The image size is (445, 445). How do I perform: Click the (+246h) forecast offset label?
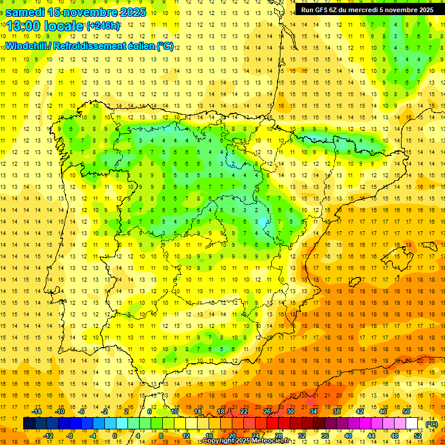(103, 27)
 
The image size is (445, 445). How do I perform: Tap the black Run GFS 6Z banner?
(367, 10)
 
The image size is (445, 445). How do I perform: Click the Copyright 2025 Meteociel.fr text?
(247, 441)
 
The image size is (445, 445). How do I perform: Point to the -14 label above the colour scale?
(37, 411)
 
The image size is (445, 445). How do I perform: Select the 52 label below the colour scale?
(418, 436)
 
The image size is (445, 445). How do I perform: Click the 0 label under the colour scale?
(115, 436)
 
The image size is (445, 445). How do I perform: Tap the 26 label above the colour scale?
(267, 411)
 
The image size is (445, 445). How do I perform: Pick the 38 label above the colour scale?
(337, 411)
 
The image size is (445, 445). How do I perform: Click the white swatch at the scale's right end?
(412, 424)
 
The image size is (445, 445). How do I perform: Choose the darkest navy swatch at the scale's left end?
(29, 424)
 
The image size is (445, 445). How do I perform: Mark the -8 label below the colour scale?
(70, 436)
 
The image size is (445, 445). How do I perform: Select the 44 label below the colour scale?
(371, 436)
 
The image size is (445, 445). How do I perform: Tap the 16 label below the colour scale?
(209, 436)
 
